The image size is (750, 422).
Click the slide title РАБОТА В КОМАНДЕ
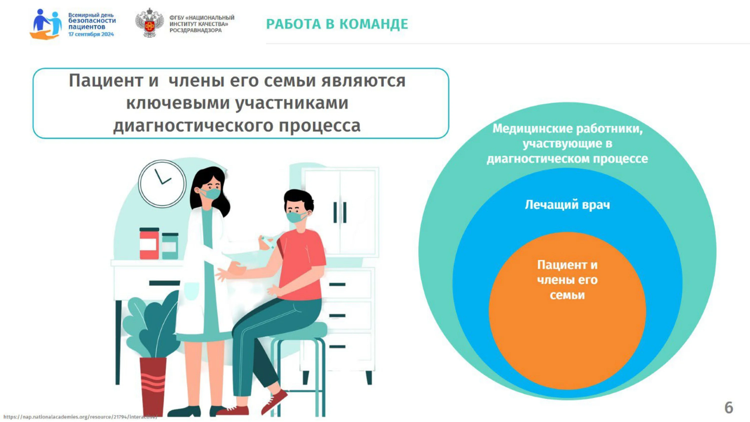[337, 24]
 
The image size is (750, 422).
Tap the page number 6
[728, 407]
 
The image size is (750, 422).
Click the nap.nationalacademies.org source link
[80, 417]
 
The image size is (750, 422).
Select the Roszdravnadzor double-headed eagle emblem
[149, 23]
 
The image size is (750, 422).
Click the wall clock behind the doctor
[162, 183]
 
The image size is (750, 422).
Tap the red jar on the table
[149, 244]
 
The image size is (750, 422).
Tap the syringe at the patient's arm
[267, 241]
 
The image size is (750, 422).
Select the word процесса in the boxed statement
[319, 126]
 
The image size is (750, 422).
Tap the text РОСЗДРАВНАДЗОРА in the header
[195, 30]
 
